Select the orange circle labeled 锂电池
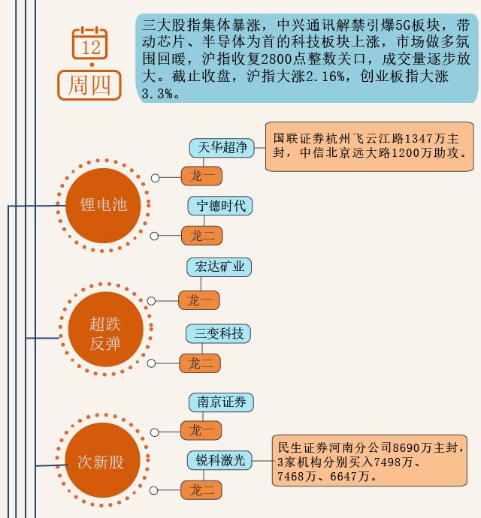pos(104,204)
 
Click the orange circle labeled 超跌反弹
pos(105,334)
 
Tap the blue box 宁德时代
pos(221,206)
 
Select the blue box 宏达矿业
pos(219,267)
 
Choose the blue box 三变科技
pos(219,333)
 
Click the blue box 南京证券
pos(222,402)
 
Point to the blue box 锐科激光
pos(221,460)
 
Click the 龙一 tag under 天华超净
pos(202,177)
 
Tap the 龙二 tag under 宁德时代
pos(202,236)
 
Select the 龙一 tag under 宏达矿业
pos(200,300)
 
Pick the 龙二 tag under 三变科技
pos(200,364)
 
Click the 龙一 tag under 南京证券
pos(202,430)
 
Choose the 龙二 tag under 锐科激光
pos(202,491)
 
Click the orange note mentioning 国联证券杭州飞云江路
pos(371,145)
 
